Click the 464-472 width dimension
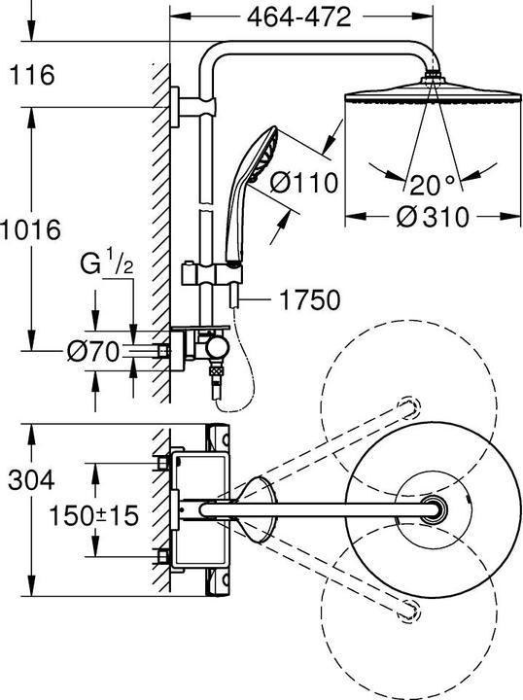pyautogui.click(x=299, y=17)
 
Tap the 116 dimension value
pyautogui.click(x=32, y=75)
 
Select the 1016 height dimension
pyautogui.click(x=30, y=229)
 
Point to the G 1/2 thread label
pyautogui.click(x=106, y=263)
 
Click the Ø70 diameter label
pyautogui.click(x=92, y=351)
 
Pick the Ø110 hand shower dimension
pyautogui.click(x=304, y=183)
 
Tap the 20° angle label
pyautogui.click(x=432, y=185)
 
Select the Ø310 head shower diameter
pyautogui.click(x=433, y=217)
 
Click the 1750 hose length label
pyautogui.click(x=309, y=299)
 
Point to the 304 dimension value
pyautogui.click(x=31, y=480)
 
